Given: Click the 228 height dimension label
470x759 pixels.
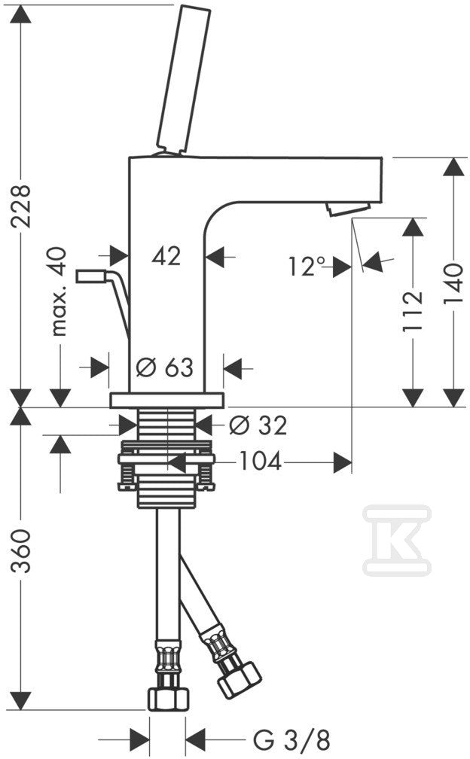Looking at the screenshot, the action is pyautogui.click(x=21, y=206).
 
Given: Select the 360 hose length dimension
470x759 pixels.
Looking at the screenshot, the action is pyautogui.click(x=21, y=551).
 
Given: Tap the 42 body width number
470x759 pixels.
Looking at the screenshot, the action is pyautogui.click(x=166, y=255).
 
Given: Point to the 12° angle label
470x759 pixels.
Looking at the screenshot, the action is pyautogui.click(x=307, y=267).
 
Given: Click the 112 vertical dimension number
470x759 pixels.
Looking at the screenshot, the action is pyautogui.click(x=413, y=312).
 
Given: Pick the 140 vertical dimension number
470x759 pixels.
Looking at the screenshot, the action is pyautogui.click(x=453, y=284).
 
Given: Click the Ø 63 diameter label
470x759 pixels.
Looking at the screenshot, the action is pyautogui.click(x=164, y=368).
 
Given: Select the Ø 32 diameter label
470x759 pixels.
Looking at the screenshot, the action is pyautogui.click(x=258, y=425).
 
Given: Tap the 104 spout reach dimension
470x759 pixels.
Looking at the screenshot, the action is pyautogui.click(x=260, y=462).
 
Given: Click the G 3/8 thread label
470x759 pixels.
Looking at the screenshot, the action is pyautogui.click(x=291, y=740).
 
